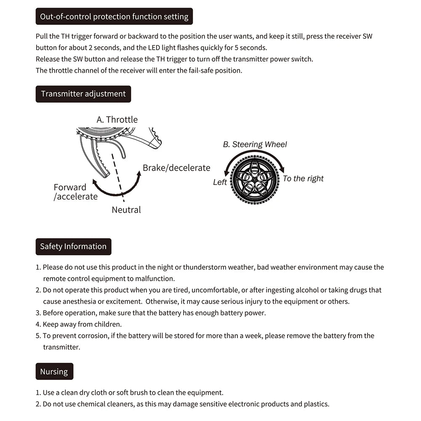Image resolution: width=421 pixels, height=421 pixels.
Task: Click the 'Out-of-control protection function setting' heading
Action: [x=114, y=17]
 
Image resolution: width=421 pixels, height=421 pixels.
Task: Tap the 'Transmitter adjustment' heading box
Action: [x=83, y=94]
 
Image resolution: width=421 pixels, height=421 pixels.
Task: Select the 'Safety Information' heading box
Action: [x=73, y=247]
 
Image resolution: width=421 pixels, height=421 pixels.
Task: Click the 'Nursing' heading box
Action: [x=54, y=371]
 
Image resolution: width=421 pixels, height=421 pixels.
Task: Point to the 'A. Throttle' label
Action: [x=117, y=120]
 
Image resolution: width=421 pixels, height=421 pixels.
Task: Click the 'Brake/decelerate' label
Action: [x=176, y=168]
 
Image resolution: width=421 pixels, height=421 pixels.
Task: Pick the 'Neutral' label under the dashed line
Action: [x=126, y=210]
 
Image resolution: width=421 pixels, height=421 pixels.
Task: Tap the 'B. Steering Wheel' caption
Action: [x=255, y=144]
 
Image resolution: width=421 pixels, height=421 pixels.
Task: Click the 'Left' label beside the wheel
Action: [x=220, y=182]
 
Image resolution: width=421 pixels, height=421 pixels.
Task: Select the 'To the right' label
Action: [x=303, y=179]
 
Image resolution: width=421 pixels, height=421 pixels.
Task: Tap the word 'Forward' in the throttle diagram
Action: [x=70, y=187]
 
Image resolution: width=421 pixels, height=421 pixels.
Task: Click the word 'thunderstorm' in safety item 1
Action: [x=205, y=267]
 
